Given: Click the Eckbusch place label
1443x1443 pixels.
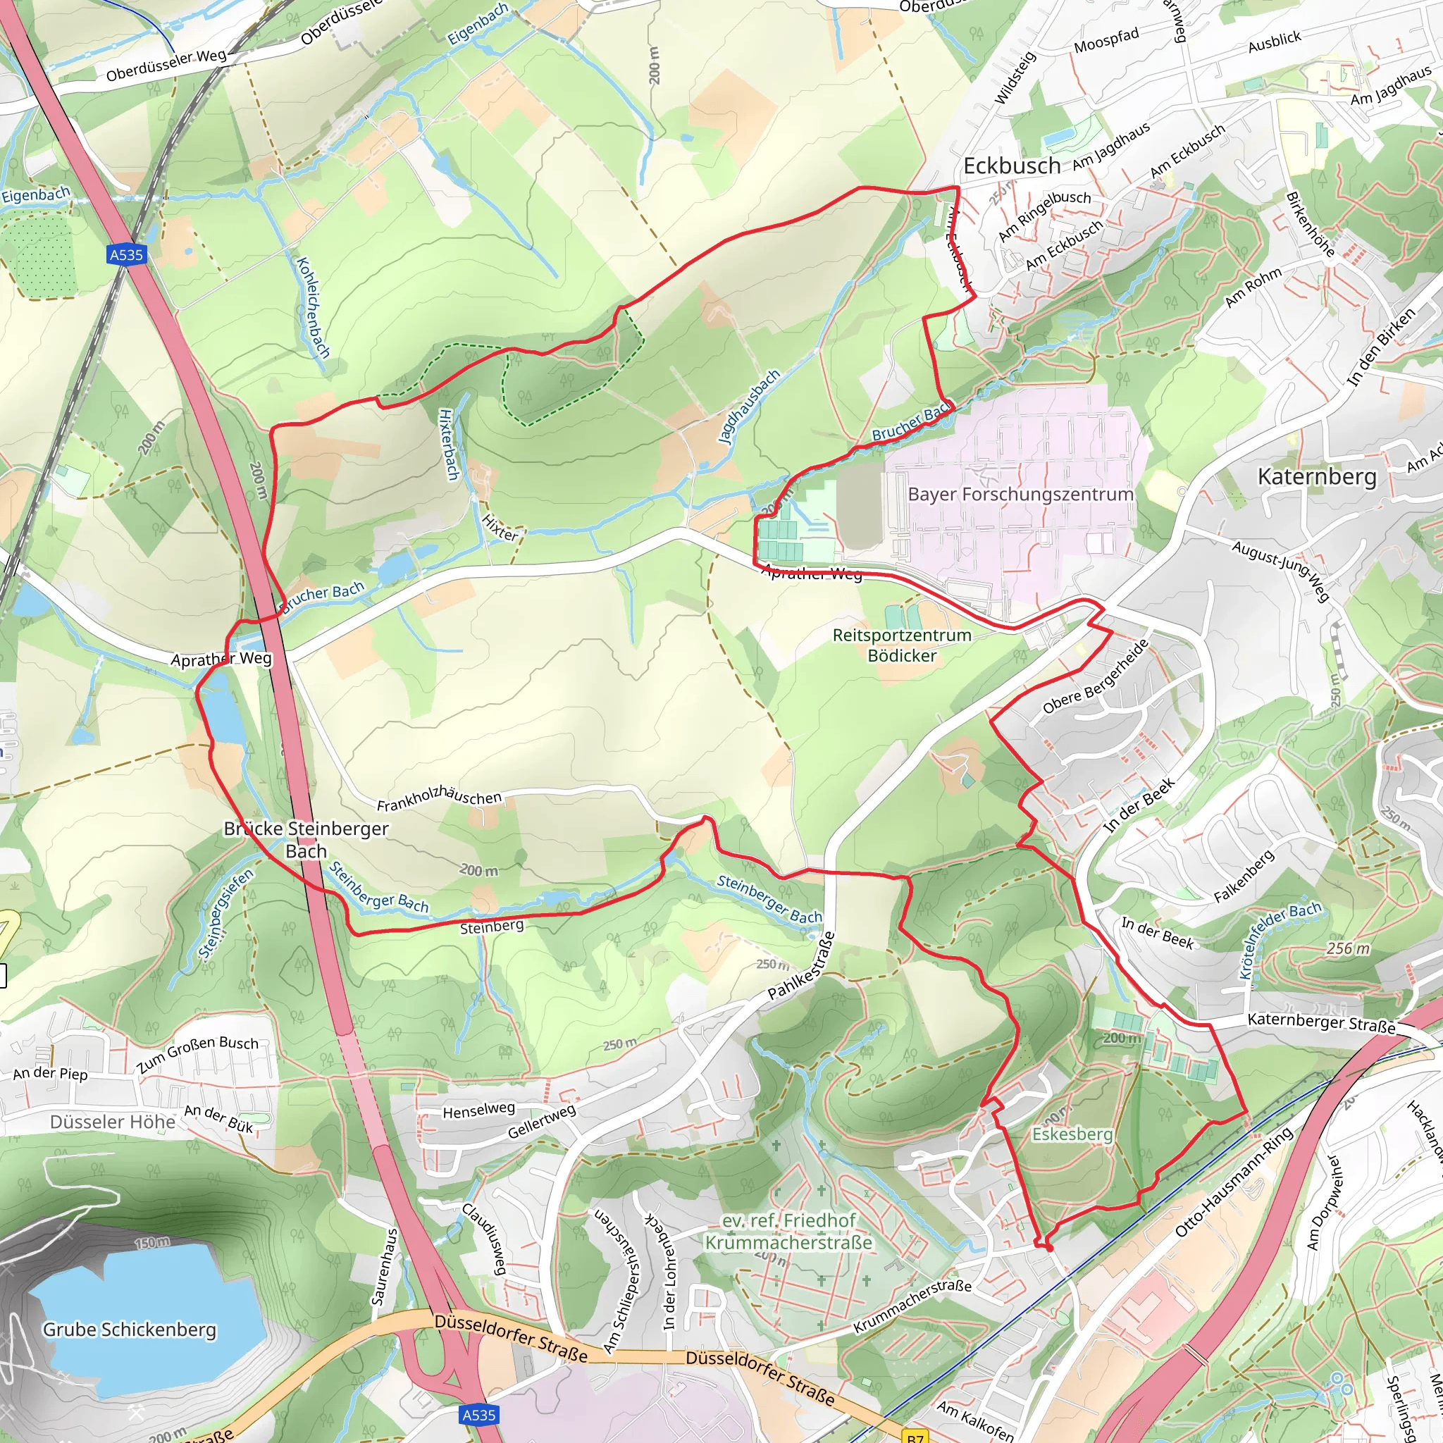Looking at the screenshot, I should (1011, 166).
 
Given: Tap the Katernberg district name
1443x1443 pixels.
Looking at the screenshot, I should (1317, 476).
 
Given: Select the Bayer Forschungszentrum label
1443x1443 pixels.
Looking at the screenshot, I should (1020, 495).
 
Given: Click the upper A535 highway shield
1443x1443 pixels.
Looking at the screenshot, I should (126, 254).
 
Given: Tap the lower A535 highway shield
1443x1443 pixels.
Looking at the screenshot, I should (478, 1415).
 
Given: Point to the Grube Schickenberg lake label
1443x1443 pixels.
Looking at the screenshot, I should (129, 1330).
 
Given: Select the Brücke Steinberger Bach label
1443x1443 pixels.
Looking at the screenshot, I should (306, 839).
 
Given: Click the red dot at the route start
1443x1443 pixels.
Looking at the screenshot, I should (1048, 1248).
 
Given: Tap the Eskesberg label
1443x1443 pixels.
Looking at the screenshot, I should (1072, 1134).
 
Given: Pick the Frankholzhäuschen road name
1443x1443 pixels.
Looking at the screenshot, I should (439, 798).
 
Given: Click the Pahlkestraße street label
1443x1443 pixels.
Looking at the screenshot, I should (801, 966).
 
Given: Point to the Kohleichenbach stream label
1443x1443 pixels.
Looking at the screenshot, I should (314, 307).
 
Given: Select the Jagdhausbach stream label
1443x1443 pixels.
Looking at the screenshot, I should (748, 407).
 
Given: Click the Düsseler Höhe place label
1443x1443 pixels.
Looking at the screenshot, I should (113, 1122).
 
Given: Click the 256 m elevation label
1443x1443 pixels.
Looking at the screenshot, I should (1348, 948).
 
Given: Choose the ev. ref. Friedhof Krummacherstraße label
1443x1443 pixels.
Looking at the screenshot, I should (788, 1231).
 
